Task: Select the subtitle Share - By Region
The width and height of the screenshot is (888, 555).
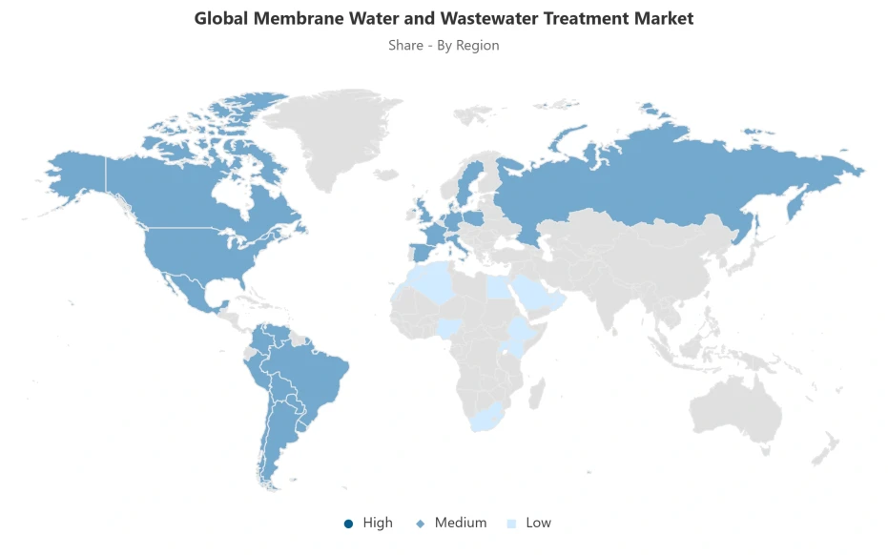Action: click(444, 45)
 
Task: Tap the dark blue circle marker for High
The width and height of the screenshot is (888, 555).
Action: click(348, 524)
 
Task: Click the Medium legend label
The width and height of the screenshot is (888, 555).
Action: click(460, 523)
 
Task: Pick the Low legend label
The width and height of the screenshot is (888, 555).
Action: click(538, 523)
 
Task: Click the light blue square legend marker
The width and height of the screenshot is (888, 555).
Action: click(511, 524)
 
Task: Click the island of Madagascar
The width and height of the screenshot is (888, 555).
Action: click(537, 391)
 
